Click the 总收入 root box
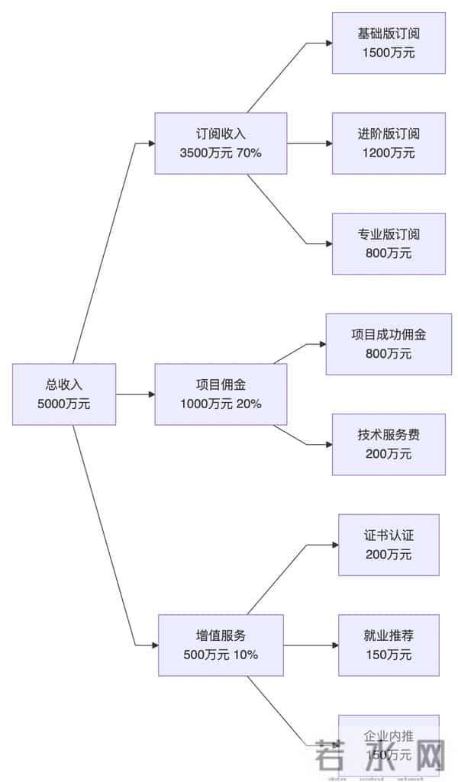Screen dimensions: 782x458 point(64,394)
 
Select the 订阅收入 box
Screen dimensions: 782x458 point(221,143)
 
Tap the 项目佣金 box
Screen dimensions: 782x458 point(221,394)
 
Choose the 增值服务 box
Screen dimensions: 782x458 point(221,645)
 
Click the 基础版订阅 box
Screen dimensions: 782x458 point(389,43)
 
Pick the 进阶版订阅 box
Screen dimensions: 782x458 point(389,143)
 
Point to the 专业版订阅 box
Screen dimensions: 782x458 point(389,243)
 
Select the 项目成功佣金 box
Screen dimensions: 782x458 point(389,344)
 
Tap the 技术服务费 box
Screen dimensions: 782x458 point(389,444)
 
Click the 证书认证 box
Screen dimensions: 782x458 point(389,545)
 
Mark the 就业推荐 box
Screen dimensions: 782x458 point(389,645)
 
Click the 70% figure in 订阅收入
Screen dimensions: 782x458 point(249,153)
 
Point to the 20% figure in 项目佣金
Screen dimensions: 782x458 point(249,404)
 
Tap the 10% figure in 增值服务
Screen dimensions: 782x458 point(246,655)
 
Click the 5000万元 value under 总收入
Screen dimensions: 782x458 point(64,404)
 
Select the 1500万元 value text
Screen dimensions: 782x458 point(389,53)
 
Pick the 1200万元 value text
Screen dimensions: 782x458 point(389,153)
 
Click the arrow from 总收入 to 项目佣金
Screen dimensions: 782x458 point(136,394)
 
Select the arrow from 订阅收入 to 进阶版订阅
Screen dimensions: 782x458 point(309,143)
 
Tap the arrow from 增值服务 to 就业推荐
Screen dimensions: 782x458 point(311,645)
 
